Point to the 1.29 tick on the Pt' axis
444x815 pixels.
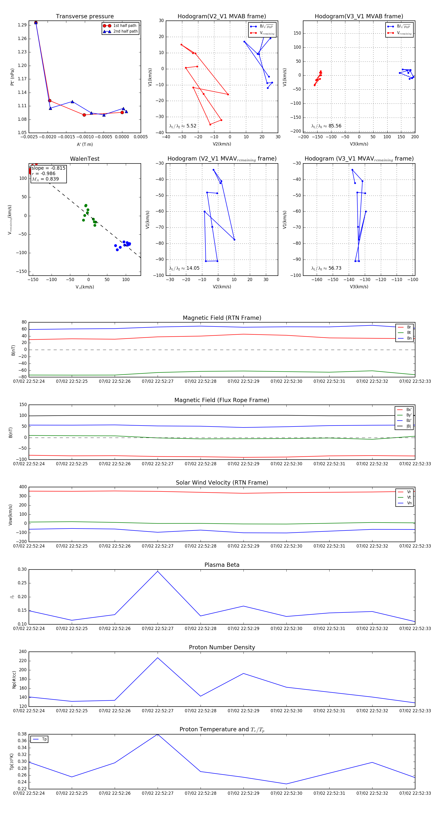(x=22, y=25)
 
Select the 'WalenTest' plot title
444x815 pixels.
(x=85, y=159)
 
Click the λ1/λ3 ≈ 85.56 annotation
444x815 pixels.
(x=326, y=126)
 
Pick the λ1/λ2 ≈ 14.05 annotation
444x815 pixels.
(x=184, y=268)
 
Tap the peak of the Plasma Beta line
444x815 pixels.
(x=158, y=571)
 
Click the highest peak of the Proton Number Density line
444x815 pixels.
(x=158, y=658)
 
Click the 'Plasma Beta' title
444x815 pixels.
(x=222, y=565)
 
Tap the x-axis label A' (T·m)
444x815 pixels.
(x=85, y=144)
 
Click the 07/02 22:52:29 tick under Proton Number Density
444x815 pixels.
(x=243, y=711)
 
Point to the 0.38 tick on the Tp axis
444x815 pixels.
(x=22, y=734)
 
